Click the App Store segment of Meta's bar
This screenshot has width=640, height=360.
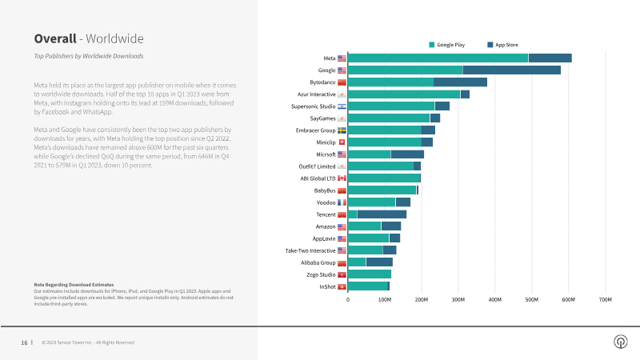pos(550,58)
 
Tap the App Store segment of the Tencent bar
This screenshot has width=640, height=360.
pos(382,214)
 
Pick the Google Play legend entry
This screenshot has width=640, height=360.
pos(447,45)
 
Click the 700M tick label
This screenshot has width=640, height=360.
pos(605,300)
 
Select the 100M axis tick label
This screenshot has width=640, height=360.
pos(385,300)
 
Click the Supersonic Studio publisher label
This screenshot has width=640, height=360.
pos(313,106)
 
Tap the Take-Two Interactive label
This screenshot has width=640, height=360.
pos(310,250)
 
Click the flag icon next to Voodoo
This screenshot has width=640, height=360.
pos(342,202)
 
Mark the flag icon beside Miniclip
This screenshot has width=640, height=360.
pos(342,142)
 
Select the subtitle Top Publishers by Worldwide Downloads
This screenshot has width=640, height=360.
pos(89,56)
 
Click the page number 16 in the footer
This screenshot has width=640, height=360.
pos(24,342)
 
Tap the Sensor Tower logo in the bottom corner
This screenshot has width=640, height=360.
pos(619,342)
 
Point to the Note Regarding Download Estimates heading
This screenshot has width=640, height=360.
pos(74,285)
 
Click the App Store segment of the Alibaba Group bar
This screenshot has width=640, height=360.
pos(379,262)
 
